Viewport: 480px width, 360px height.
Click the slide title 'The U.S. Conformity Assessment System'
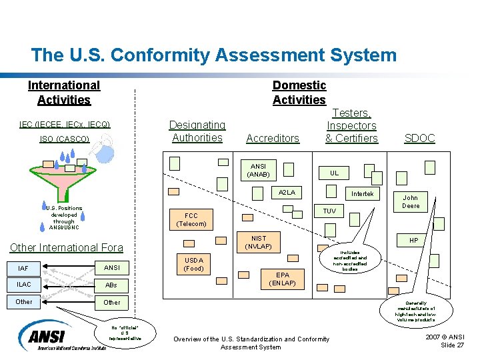pyautogui.click(x=213, y=55)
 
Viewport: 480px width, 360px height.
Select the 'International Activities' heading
pyautogui.click(x=64, y=93)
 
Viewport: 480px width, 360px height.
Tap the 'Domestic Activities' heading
pyautogui.click(x=299, y=93)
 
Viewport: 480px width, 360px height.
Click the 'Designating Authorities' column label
pyautogui.click(x=197, y=131)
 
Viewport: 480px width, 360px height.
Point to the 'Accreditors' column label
pyautogui.click(x=273, y=139)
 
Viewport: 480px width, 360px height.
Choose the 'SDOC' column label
pyautogui.click(x=419, y=139)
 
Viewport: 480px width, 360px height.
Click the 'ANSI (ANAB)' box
pyautogui.click(x=258, y=170)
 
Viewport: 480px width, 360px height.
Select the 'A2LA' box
pyautogui.click(x=287, y=192)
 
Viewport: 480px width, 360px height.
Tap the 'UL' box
pyautogui.click(x=334, y=173)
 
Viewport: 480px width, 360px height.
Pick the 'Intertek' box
pyautogui.click(x=363, y=194)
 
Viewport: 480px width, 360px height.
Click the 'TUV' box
pyautogui.click(x=329, y=211)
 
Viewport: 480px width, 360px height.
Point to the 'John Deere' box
pyautogui.click(x=410, y=201)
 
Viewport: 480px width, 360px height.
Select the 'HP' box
pyautogui.click(x=413, y=240)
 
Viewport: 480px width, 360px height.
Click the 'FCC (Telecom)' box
pyautogui.click(x=191, y=219)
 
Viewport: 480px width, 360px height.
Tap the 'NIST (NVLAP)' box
pyautogui.click(x=258, y=242)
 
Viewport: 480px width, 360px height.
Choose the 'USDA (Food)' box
pyautogui.click(x=193, y=264)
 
